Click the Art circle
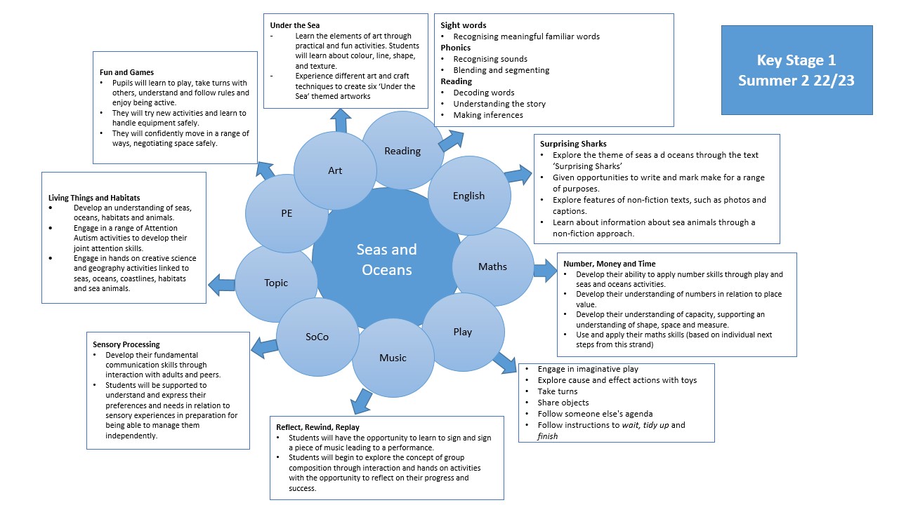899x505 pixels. [335, 170]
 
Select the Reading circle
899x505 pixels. [402, 151]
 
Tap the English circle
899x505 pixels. [468, 196]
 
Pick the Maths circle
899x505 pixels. [492, 267]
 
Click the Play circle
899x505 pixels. [462, 332]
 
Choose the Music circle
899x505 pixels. [393, 358]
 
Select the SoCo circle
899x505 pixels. [317, 337]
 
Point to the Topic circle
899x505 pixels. [276, 283]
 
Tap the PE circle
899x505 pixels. [287, 213]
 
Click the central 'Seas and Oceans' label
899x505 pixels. [386, 259]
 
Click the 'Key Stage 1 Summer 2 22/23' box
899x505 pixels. [796, 70]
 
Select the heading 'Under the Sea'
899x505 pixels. [294, 25]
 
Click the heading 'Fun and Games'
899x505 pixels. [126, 72]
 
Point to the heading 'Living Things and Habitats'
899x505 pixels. [94, 198]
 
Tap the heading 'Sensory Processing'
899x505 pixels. [126, 344]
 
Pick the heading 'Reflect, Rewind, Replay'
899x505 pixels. [321, 426]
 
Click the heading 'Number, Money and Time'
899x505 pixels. [609, 264]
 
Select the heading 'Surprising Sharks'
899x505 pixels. [573, 144]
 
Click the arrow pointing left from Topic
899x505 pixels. [222, 285]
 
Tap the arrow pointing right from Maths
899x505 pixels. [544, 270]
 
